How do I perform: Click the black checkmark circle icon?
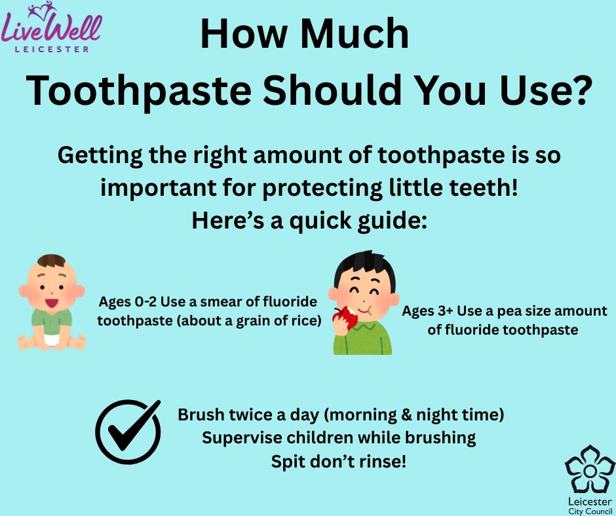point(128,432)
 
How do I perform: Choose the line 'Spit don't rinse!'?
point(339,461)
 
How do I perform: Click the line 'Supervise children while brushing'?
point(339,437)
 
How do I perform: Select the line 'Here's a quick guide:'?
point(309,220)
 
